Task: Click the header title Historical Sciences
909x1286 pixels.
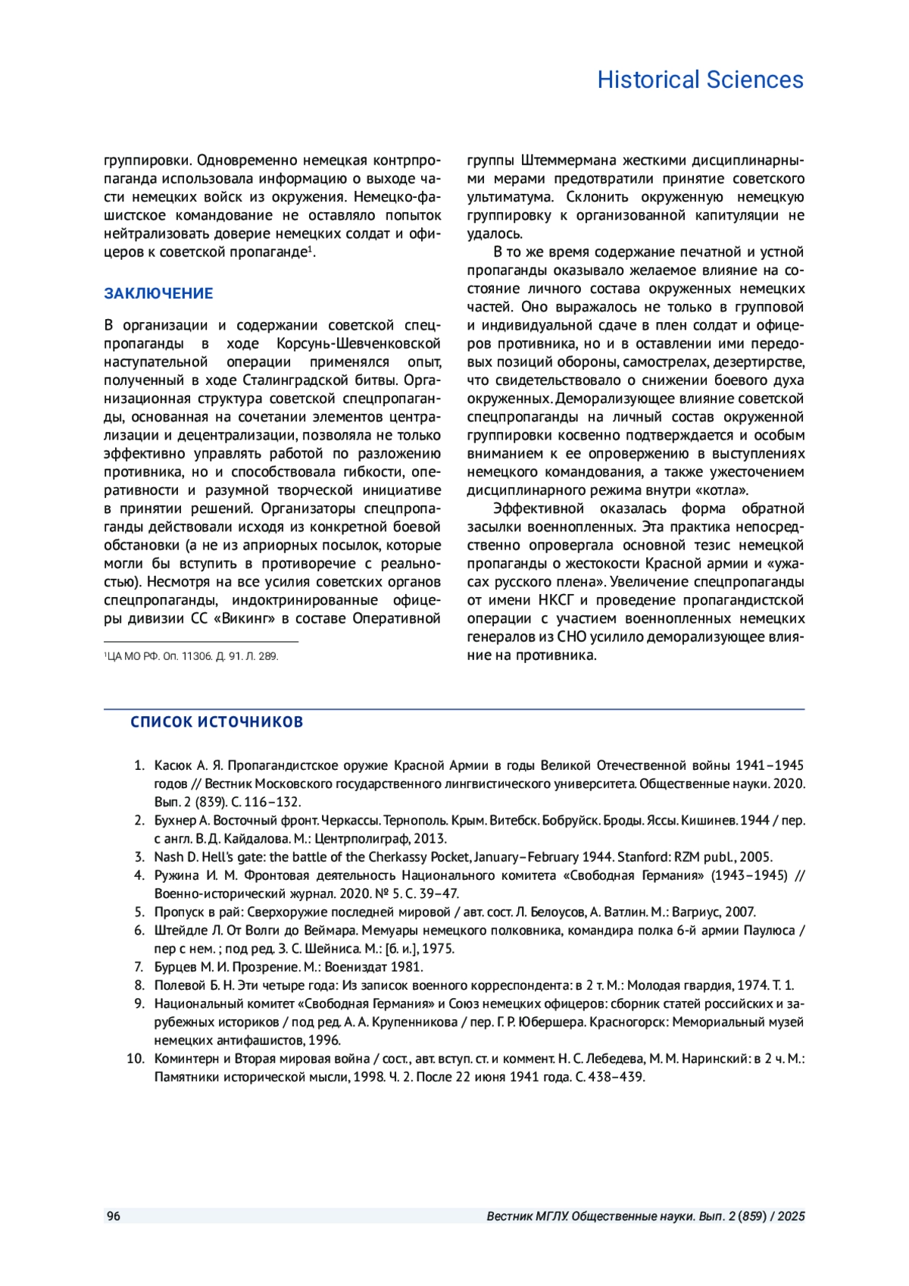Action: [700, 80]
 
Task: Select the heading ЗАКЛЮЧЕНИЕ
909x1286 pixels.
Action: [158, 293]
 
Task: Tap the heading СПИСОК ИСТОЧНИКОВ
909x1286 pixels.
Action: [217, 721]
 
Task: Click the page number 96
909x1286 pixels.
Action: [113, 1216]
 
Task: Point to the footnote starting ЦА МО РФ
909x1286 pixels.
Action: [192, 656]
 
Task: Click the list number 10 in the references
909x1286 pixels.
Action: [136, 1059]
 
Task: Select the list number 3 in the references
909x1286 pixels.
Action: [139, 857]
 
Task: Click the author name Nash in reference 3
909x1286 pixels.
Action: [169, 857]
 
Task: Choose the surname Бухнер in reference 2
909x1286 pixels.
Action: [175, 821]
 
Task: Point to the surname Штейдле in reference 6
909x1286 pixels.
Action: [179, 931]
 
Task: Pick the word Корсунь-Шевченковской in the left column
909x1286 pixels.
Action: [358, 343]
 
